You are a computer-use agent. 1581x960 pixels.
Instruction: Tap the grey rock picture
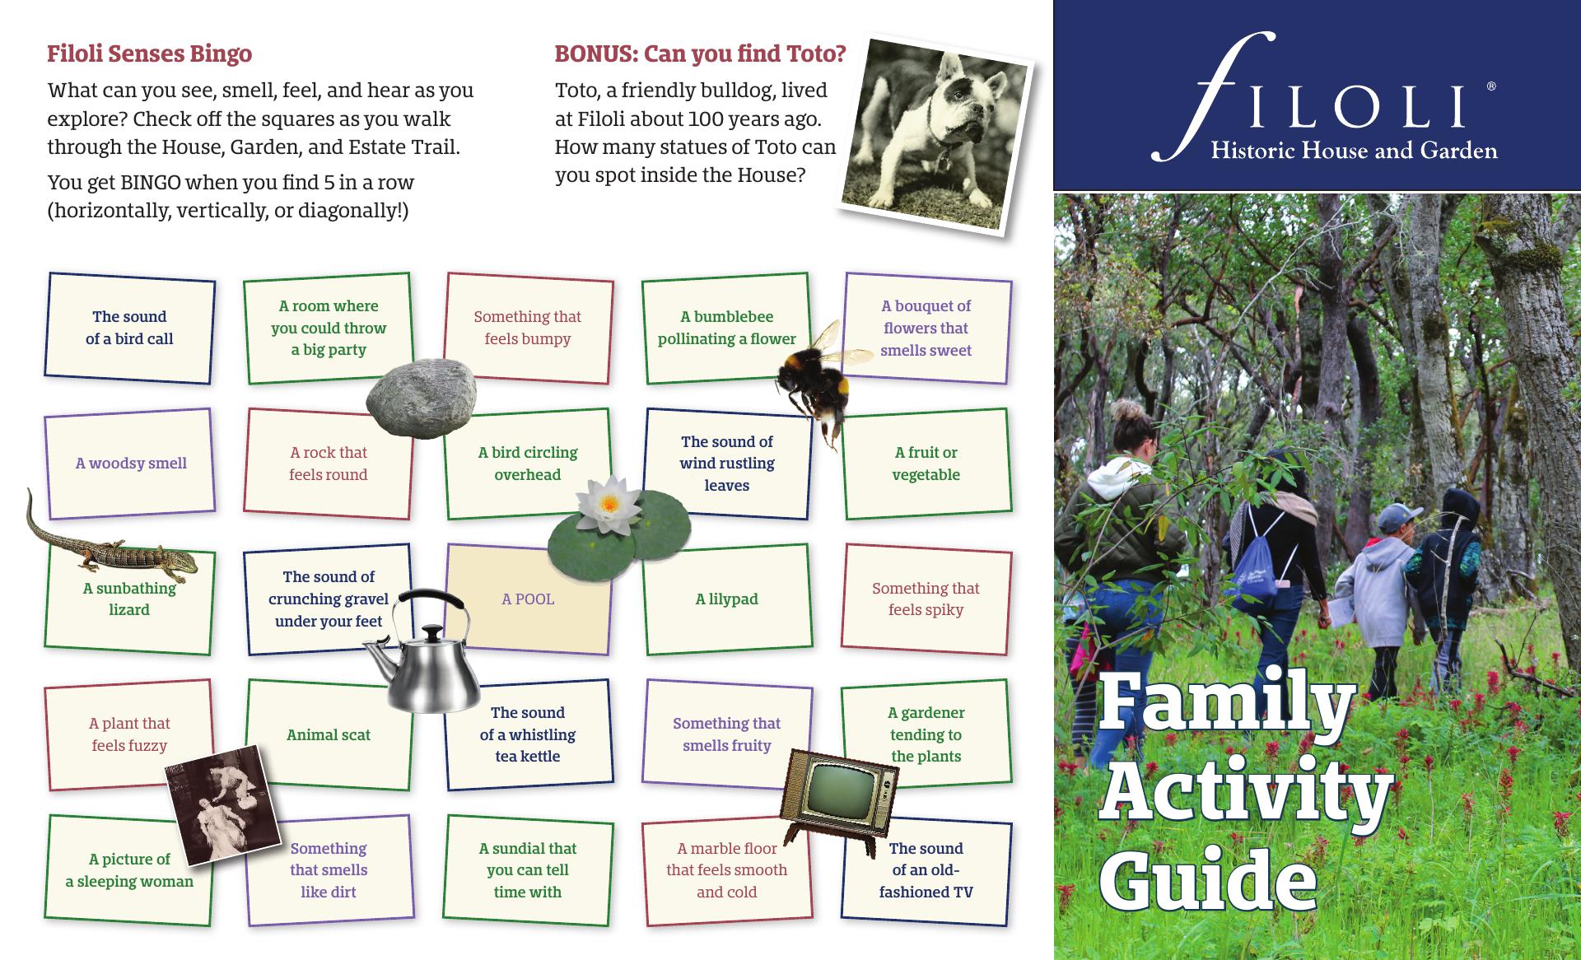coord(421,398)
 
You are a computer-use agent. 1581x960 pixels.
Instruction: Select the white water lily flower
coord(609,505)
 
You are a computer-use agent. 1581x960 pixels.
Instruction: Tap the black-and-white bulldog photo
coord(936,134)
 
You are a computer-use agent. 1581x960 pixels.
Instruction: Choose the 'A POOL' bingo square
coord(528,599)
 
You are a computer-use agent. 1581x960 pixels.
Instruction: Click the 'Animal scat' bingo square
coord(329,734)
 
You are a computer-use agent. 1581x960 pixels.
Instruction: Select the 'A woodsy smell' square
coord(130,464)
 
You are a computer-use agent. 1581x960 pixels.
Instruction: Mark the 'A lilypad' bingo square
coord(727,599)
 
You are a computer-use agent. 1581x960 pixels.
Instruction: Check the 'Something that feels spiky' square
coord(926,599)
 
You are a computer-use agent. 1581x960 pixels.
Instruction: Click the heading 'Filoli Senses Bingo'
coord(149,54)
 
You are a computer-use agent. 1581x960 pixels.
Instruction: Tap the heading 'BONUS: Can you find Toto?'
coord(700,54)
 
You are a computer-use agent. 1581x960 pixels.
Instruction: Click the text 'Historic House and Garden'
coord(1354,151)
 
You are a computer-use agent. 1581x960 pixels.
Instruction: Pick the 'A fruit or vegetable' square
coord(926,464)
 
